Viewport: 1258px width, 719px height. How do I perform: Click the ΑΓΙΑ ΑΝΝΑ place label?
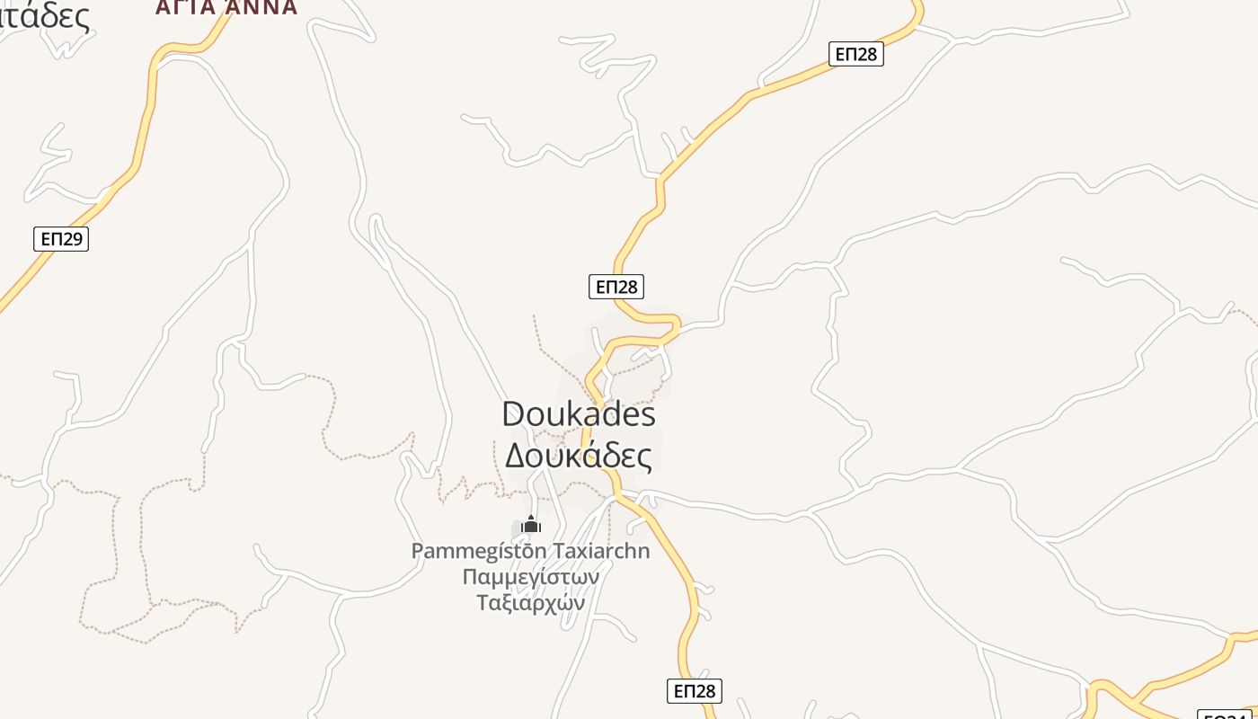point(226,7)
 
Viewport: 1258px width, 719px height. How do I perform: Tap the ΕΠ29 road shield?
point(61,239)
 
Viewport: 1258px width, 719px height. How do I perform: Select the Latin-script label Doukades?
point(579,414)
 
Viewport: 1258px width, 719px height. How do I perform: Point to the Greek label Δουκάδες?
point(579,455)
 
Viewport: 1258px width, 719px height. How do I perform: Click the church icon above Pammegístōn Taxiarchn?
point(531,524)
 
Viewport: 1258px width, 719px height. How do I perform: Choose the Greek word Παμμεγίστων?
point(530,576)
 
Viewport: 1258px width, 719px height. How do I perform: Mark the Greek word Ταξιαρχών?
point(530,602)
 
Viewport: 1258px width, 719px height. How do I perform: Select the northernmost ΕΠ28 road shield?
point(855,54)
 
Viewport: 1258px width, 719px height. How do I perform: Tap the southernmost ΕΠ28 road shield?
point(694,690)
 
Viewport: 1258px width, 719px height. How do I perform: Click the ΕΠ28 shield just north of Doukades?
point(616,287)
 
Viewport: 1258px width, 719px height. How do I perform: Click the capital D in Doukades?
point(514,414)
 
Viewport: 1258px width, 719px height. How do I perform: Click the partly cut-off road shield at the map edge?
point(1228,715)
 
